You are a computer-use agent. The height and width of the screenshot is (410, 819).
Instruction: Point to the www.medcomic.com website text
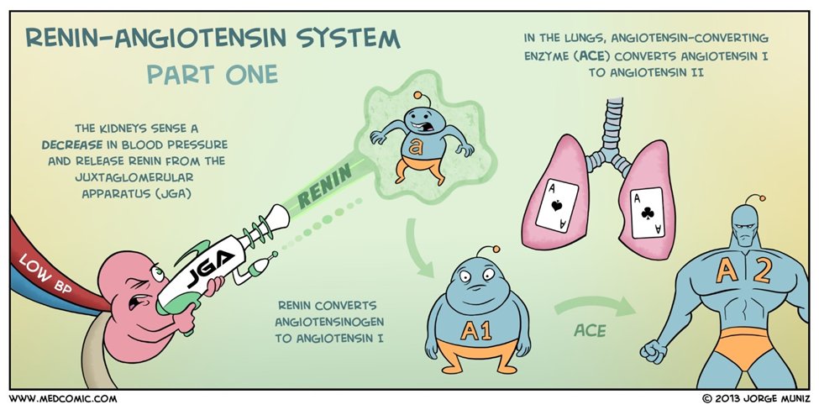coord(64,398)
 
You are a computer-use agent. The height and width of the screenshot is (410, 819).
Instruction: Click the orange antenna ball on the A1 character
coord(497,249)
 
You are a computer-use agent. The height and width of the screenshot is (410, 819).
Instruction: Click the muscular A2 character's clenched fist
coord(654,348)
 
